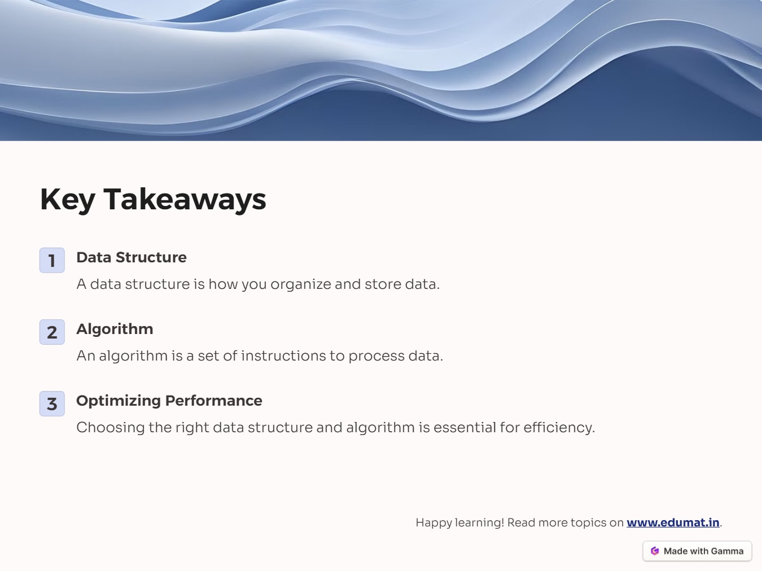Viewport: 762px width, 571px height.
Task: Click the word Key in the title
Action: (x=67, y=200)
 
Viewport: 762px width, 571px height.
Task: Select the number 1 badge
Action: (x=52, y=260)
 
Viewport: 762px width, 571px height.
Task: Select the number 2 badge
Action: (x=52, y=332)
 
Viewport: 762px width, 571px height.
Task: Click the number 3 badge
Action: (x=52, y=403)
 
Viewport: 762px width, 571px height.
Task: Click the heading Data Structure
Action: (x=131, y=257)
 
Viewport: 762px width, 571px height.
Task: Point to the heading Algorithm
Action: (x=115, y=329)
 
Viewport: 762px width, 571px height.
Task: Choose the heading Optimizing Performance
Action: (x=169, y=401)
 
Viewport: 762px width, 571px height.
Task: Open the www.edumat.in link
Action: (x=672, y=522)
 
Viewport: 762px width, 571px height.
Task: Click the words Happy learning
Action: (x=459, y=522)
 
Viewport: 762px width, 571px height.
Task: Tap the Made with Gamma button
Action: (x=697, y=551)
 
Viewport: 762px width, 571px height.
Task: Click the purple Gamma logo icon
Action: (x=655, y=551)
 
